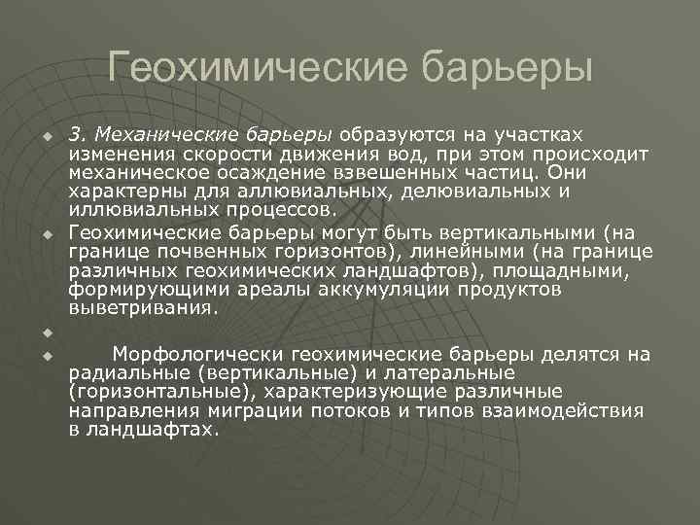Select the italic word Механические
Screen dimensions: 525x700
pyautogui.click(x=150, y=133)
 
